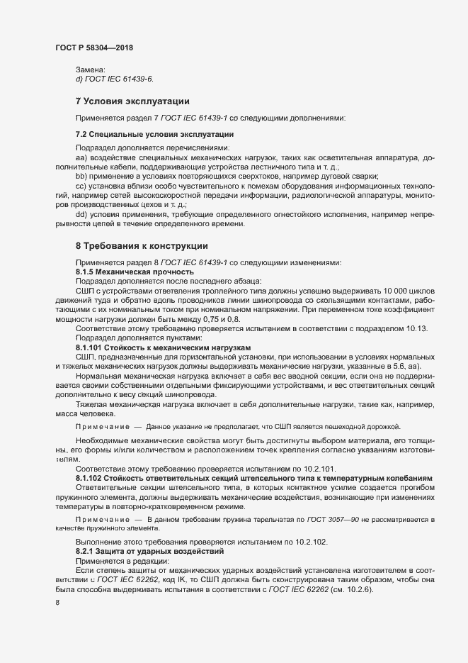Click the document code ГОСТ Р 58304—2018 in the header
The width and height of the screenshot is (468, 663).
93,48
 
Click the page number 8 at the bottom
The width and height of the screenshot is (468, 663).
57,603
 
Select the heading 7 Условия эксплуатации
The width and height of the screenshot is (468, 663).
132,101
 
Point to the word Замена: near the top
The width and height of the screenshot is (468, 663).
90,69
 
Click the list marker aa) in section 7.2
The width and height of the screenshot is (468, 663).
81,155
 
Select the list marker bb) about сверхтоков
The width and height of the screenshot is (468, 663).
81,175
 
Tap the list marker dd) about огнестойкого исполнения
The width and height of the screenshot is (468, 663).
81,214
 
